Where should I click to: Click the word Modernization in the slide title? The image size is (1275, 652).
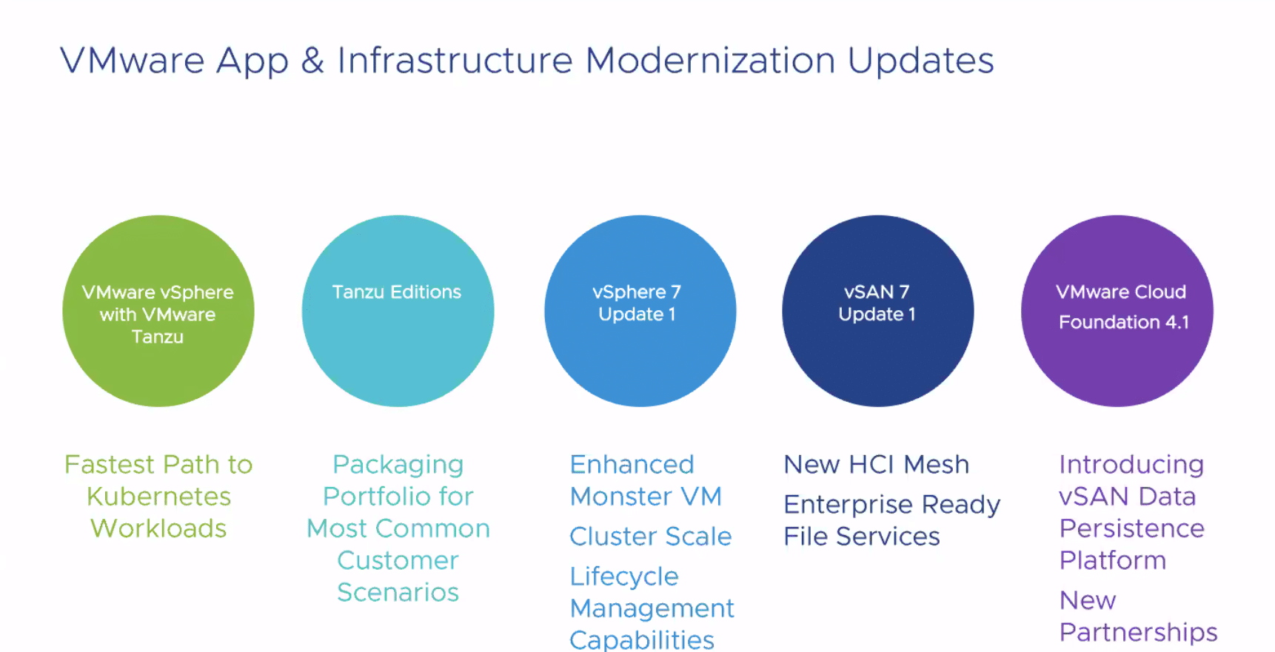point(710,60)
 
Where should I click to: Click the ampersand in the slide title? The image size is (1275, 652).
point(312,60)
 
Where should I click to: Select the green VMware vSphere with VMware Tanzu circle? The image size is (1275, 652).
point(158,311)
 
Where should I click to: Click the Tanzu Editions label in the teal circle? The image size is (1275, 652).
point(397,292)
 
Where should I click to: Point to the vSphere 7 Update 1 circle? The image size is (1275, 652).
point(640,311)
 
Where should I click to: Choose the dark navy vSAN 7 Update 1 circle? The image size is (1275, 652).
point(878,311)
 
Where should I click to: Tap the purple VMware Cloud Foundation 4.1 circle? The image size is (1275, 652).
point(1117,311)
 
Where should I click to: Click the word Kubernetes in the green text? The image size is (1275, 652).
point(158,497)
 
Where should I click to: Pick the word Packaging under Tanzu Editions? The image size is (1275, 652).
point(398,466)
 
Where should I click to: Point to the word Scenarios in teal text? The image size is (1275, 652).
point(398,593)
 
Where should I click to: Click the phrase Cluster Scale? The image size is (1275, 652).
point(651,537)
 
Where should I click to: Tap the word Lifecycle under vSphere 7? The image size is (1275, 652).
point(624,577)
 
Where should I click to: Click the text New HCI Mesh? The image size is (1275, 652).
point(877,465)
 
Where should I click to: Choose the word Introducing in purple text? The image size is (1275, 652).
point(1131,466)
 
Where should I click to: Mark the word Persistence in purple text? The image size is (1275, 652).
point(1132,528)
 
